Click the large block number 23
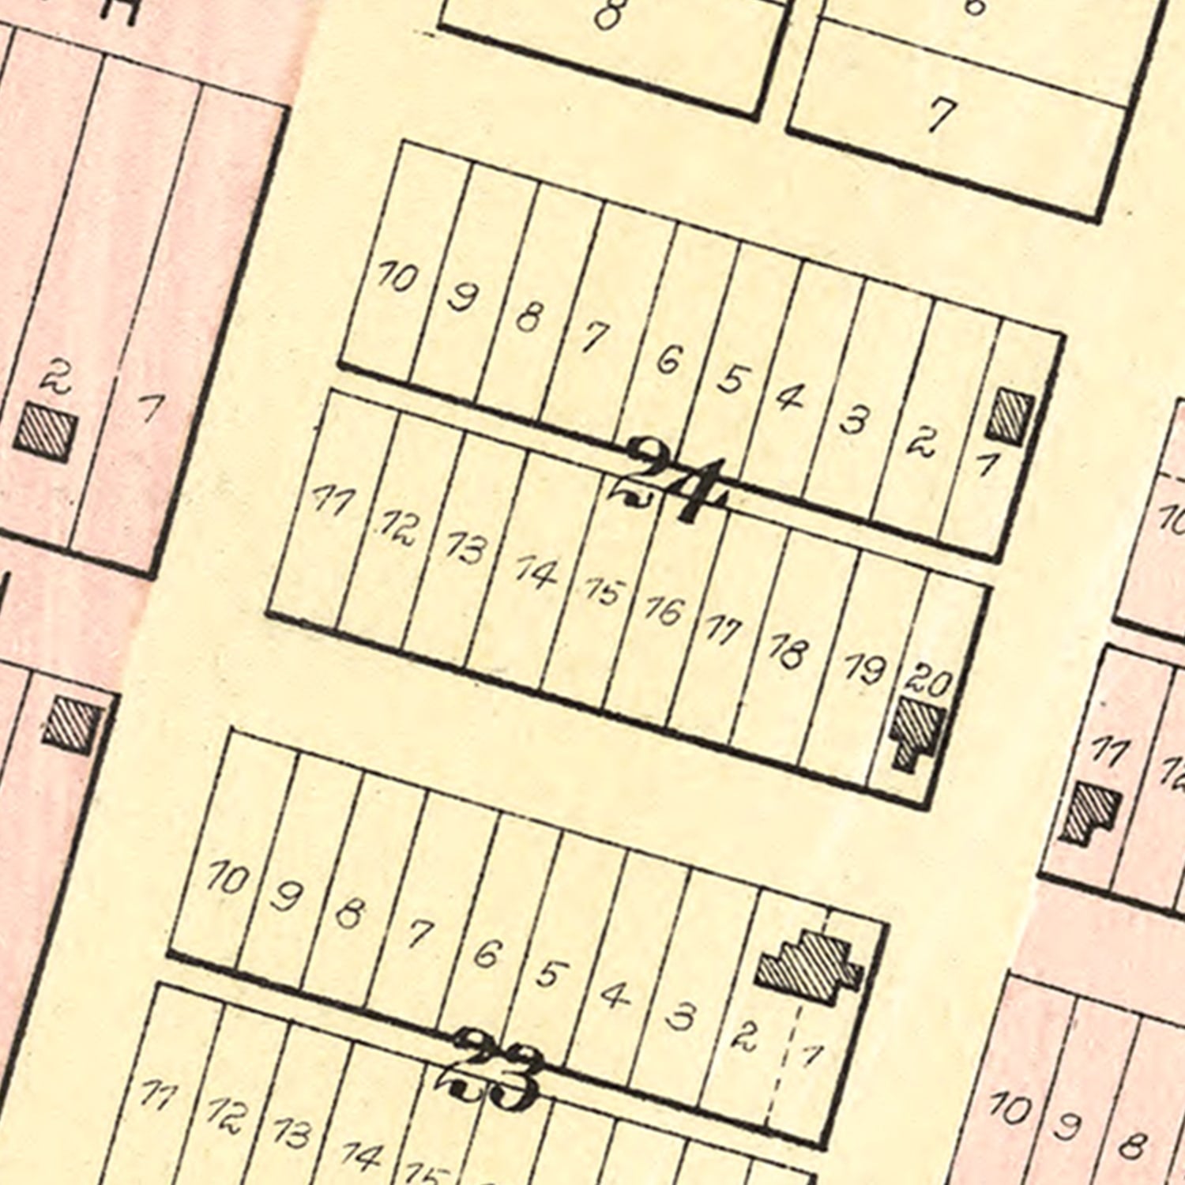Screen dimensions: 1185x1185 pos(494,1070)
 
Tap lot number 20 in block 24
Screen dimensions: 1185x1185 pos(928,679)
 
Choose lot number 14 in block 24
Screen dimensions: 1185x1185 pos(536,571)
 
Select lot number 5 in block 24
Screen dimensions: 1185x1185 pos(732,379)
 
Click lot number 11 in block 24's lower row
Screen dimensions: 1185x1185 pos(331,499)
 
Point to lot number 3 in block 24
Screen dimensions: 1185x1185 pos(854,420)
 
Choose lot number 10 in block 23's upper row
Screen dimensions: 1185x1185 pos(227,878)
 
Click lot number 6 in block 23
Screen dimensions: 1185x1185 pos(487,954)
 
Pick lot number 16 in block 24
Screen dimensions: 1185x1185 pos(662,611)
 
